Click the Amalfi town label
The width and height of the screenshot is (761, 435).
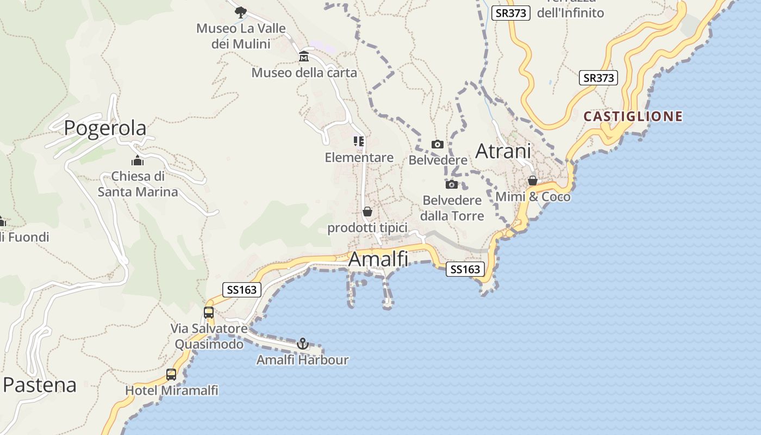click(x=378, y=259)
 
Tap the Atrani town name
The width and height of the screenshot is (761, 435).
click(x=503, y=151)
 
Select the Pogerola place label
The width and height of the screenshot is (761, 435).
click(x=105, y=128)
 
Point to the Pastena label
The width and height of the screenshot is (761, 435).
click(x=40, y=385)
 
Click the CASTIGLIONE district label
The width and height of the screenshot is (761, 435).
click(x=633, y=116)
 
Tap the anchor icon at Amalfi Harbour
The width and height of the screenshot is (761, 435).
click(x=303, y=343)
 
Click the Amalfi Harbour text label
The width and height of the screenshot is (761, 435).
click(x=303, y=360)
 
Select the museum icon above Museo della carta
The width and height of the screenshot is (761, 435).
click(x=304, y=56)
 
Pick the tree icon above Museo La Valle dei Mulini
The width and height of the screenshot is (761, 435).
click(x=240, y=11)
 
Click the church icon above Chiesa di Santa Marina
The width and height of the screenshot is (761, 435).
click(x=138, y=160)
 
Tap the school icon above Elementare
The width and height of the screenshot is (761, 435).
click(x=359, y=141)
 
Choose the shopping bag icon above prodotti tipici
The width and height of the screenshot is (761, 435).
click(x=367, y=211)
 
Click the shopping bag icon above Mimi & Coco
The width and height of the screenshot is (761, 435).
click(x=533, y=181)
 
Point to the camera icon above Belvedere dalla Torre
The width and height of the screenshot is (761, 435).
click(x=452, y=184)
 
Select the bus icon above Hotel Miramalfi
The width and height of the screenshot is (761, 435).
click(x=171, y=374)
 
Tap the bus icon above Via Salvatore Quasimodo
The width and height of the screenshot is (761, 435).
click(x=209, y=312)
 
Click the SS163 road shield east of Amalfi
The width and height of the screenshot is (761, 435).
click(x=465, y=269)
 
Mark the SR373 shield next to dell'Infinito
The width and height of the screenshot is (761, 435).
click(x=510, y=13)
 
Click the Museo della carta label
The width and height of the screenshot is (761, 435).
click(x=304, y=72)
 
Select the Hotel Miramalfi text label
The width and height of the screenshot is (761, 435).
click(x=172, y=390)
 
